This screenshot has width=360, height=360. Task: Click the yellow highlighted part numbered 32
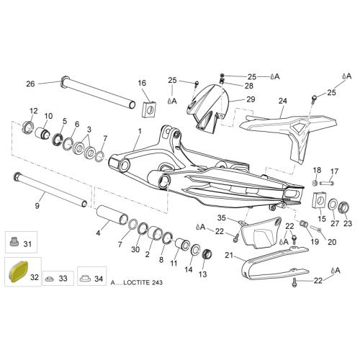pyautogui.click(x=19, y=271)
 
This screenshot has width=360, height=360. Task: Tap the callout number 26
pyautogui.click(x=30, y=84)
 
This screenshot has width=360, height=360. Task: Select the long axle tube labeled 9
pyautogui.click(x=50, y=189)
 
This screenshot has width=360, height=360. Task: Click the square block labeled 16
pyautogui.click(x=150, y=109)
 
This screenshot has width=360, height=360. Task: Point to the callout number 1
pyautogui.click(x=140, y=131)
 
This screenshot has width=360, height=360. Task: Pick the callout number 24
pyautogui.click(x=283, y=101)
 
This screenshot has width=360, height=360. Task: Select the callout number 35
pyautogui.click(x=222, y=217)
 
